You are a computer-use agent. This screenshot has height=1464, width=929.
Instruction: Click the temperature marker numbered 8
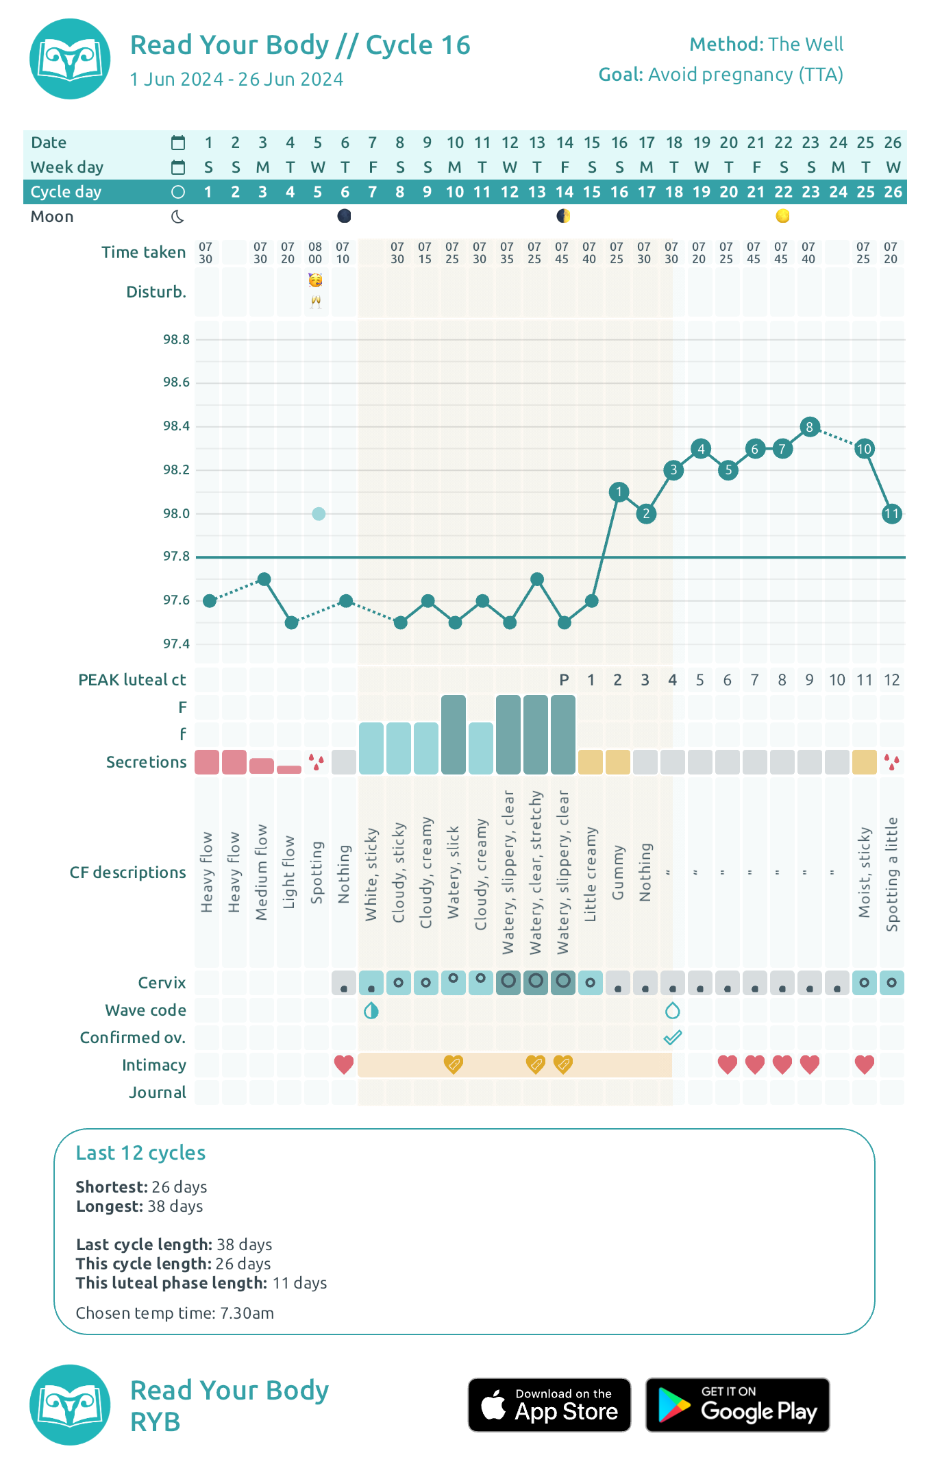810,427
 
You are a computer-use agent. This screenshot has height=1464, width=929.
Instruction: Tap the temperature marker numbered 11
891,513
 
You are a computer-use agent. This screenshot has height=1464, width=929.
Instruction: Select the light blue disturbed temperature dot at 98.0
319,513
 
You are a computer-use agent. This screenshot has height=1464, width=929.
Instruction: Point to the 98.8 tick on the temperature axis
176,339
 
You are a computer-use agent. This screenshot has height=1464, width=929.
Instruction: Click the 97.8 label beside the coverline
176,557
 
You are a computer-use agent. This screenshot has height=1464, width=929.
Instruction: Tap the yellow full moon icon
782,217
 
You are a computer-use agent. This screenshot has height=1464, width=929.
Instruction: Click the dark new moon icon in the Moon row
345,217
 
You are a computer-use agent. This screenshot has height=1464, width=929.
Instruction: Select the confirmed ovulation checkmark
673,1038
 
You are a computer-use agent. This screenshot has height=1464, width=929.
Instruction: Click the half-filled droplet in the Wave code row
371,1010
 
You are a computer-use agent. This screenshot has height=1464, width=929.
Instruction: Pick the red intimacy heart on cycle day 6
344,1064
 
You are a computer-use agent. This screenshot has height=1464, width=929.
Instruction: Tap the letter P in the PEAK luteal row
564,680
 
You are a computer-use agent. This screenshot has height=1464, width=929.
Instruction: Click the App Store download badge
549,1405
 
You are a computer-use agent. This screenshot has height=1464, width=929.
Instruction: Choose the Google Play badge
737,1405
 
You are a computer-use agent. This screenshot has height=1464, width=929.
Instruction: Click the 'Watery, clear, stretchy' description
536,873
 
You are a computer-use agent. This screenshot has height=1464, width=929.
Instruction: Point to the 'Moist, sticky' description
865,873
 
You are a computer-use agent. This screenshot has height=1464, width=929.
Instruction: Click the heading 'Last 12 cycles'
140,1153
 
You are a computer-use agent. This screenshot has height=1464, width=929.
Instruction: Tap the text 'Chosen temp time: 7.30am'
175,1313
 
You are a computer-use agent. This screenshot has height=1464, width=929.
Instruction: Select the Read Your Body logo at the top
70,59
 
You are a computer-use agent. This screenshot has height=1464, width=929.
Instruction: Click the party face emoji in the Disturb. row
316,280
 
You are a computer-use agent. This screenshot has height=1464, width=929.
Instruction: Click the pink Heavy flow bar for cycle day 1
207,762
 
